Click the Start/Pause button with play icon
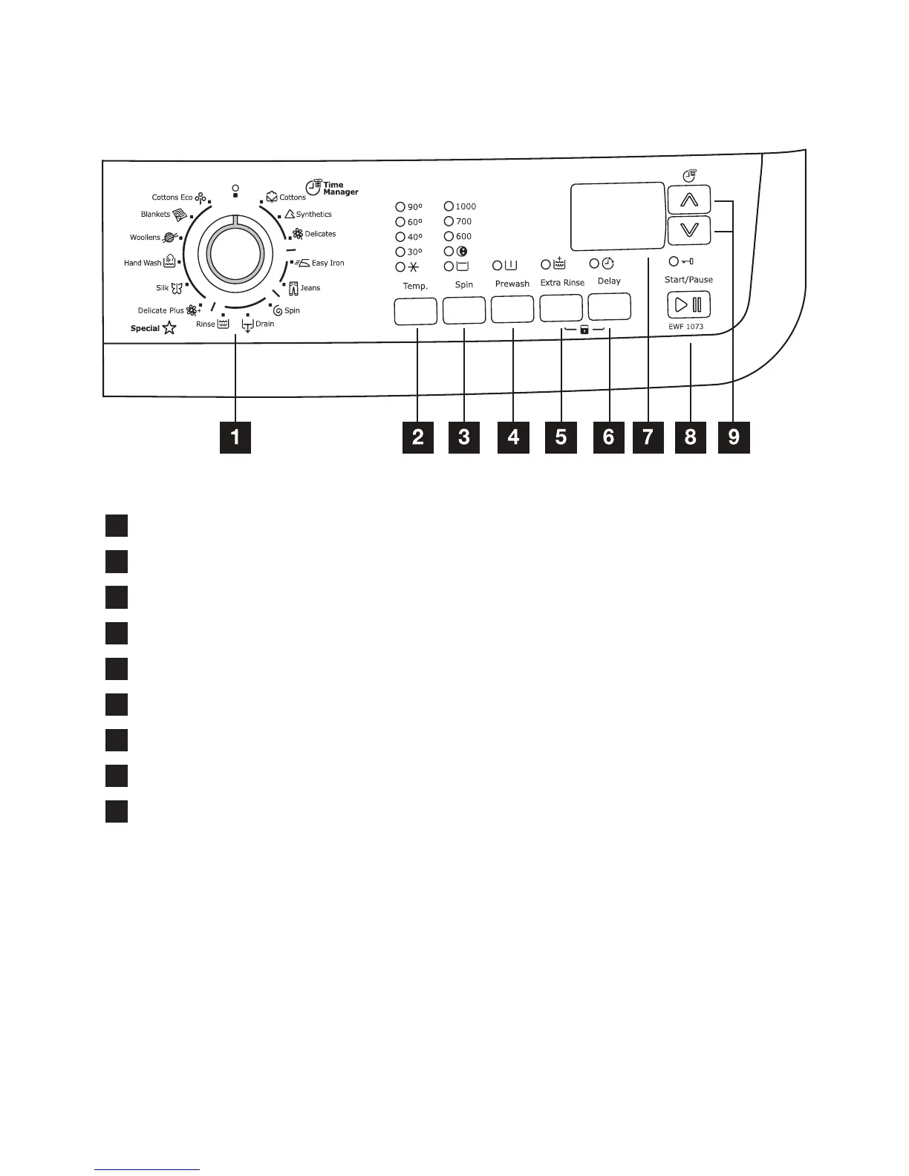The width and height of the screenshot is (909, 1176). pyautogui.click(x=688, y=304)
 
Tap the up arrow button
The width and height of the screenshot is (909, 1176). pyautogui.click(x=688, y=200)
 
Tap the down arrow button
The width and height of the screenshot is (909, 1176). pyautogui.click(x=688, y=230)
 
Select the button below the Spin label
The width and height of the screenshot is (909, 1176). pyautogui.click(x=464, y=310)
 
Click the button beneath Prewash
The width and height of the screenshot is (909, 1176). pyautogui.click(x=512, y=310)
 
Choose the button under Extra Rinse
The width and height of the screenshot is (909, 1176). pyautogui.click(x=561, y=307)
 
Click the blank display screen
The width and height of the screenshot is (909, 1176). pyautogui.click(x=617, y=216)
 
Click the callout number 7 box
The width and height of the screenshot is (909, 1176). pyautogui.click(x=648, y=437)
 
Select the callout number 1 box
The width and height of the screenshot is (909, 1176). pyautogui.click(x=235, y=437)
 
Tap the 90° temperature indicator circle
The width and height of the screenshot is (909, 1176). pyautogui.click(x=400, y=207)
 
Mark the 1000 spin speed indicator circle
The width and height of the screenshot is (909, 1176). pyautogui.click(x=449, y=206)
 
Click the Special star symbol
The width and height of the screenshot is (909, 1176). pyautogui.click(x=169, y=327)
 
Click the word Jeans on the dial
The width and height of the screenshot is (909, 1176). pyautogui.click(x=310, y=288)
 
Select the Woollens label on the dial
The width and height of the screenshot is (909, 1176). pyautogui.click(x=146, y=238)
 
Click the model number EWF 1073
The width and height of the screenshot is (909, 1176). pyautogui.click(x=685, y=327)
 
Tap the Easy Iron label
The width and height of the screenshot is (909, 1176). pyautogui.click(x=328, y=263)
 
